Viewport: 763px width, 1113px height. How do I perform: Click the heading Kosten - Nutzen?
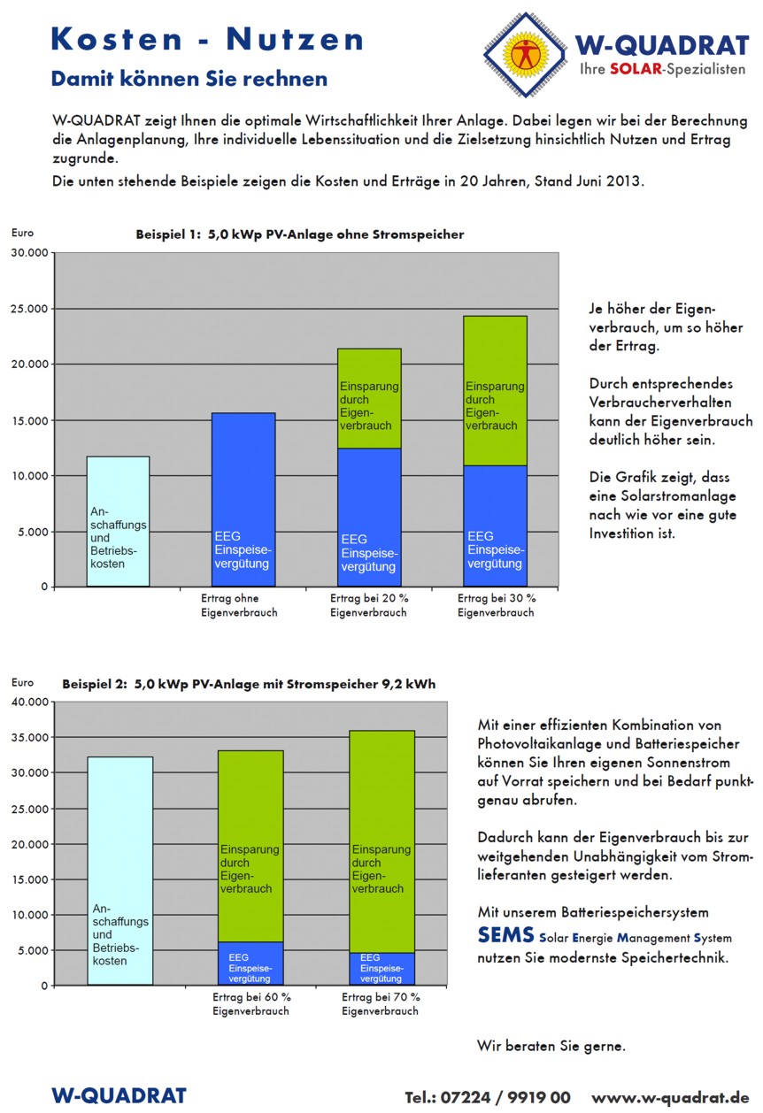click(207, 39)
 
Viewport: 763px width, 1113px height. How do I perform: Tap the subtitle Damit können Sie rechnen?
click(189, 79)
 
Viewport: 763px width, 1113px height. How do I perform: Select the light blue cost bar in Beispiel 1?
click(118, 521)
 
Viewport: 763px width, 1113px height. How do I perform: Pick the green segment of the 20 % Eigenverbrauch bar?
click(369, 398)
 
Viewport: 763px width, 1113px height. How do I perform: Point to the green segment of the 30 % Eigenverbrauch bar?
click(495, 390)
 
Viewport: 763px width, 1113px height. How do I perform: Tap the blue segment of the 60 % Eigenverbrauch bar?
click(251, 963)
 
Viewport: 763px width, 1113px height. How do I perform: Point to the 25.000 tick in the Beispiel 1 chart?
click(29, 309)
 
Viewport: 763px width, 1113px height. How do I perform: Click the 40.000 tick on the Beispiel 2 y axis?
click(29, 702)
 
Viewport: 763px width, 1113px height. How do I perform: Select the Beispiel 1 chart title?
click(299, 234)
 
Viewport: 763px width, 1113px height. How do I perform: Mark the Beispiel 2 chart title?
click(249, 684)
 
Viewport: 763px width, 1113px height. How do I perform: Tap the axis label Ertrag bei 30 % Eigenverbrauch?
click(496, 605)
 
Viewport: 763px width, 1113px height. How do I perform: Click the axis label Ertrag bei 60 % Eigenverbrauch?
click(251, 1003)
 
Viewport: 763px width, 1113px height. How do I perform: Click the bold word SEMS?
click(505, 935)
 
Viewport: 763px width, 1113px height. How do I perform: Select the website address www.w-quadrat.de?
click(670, 1097)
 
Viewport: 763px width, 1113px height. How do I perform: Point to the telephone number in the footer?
click(488, 1097)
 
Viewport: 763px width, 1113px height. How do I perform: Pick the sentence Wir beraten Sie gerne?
click(551, 1046)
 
